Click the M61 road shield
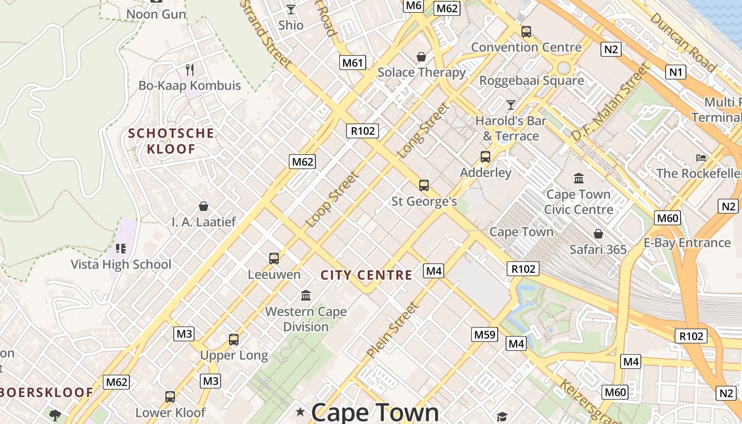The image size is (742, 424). [x=352, y=63]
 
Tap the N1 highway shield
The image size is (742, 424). [x=675, y=72]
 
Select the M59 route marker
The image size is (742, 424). [x=484, y=334]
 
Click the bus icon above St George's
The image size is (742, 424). [x=423, y=185]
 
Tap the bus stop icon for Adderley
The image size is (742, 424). [x=485, y=156]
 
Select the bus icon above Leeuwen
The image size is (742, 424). [x=273, y=258]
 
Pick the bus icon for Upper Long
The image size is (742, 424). [x=233, y=339]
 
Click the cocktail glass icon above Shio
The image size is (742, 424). [x=290, y=9]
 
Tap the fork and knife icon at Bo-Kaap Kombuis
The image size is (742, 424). [x=189, y=69]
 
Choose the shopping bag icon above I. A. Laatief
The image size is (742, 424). [x=203, y=206]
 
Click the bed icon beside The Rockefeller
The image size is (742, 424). [x=701, y=157]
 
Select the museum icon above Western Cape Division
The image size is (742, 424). [x=306, y=295]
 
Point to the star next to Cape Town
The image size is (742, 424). [x=301, y=412]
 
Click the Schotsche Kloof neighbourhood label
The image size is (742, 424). [x=171, y=141]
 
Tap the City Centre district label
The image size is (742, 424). [x=366, y=275]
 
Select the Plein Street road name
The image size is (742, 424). [x=393, y=329]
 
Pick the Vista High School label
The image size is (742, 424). [x=121, y=264]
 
